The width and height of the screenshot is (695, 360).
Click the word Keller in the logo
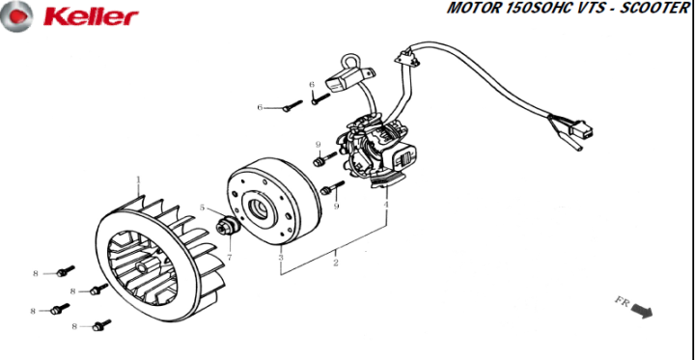click(91, 16)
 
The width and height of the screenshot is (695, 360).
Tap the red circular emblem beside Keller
click(16, 16)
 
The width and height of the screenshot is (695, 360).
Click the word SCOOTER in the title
click(653, 8)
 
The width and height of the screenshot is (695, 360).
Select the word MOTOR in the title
click(472, 8)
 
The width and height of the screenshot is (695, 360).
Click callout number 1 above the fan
click(138, 180)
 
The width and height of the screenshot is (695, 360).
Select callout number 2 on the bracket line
click(336, 263)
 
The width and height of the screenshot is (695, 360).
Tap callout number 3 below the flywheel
click(281, 258)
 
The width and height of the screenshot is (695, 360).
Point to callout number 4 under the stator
click(386, 205)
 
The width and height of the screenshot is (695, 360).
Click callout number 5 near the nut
click(202, 208)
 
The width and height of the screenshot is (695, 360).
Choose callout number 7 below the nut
click(230, 257)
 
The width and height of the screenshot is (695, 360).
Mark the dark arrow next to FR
click(642, 311)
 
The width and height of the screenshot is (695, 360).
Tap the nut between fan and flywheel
click(228, 226)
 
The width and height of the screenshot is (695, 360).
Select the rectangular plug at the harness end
click(581, 129)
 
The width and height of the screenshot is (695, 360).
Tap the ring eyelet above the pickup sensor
click(349, 60)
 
